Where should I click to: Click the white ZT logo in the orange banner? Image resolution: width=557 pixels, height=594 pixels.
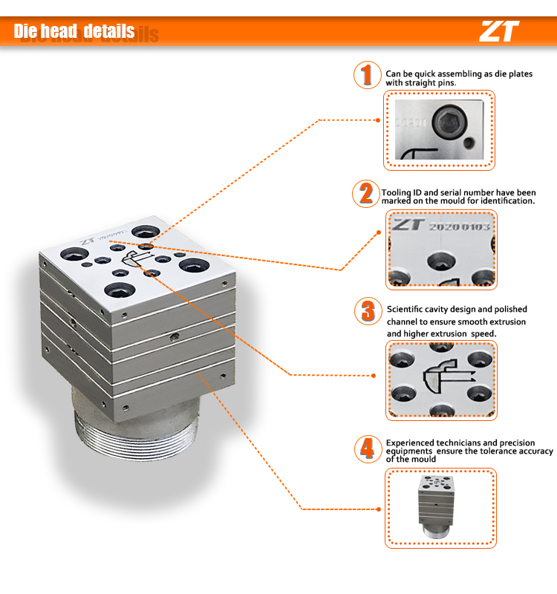point(499,31)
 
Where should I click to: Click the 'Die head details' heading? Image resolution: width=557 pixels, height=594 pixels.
point(74,31)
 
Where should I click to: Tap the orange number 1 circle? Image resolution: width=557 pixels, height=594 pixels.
point(367,75)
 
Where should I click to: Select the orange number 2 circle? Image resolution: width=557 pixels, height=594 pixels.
point(366,194)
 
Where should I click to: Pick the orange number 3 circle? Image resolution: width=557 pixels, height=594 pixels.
point(368,311)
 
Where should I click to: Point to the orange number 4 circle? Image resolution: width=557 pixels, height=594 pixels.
point(368,449)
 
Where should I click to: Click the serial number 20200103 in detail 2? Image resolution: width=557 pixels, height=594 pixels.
point(459,227)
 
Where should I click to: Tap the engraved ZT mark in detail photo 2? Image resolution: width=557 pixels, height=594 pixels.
point(407,224)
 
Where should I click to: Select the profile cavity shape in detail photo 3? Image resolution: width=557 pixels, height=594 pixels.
point(447,377)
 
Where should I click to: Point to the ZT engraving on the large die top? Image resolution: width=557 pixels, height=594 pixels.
point(88,241)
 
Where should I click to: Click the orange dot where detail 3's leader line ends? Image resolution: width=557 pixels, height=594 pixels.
point(374,376)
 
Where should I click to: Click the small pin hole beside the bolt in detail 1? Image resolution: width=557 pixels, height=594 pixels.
point(469,143)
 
